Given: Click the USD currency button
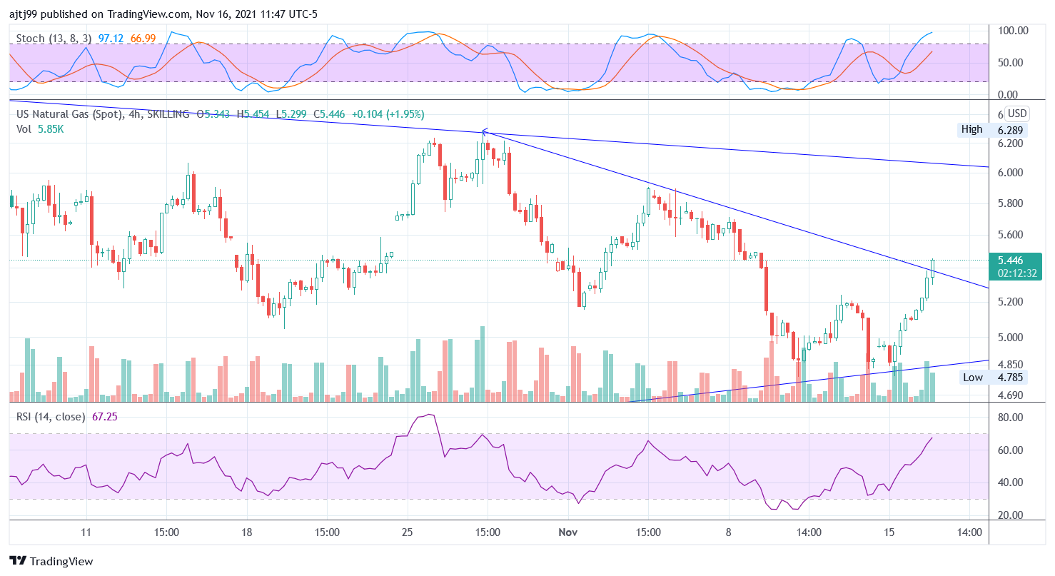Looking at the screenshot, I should [1016, 113].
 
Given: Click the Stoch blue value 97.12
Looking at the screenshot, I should [111, 37].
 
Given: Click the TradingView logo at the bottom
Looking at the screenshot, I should [51, 561].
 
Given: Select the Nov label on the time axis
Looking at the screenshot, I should [567, 532].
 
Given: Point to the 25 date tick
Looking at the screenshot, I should [408, 532].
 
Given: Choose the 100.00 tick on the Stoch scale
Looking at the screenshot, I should [1012, 31].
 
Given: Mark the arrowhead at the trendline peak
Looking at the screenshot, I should [484, 132].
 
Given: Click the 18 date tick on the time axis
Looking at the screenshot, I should [246, 532].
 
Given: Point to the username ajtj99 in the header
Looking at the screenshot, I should [25, 14].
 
